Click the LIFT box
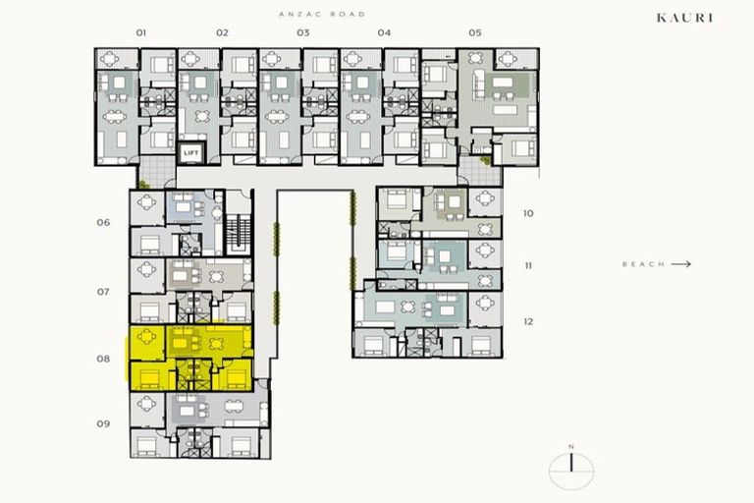coord(190,153)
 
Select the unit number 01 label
coord(141,32)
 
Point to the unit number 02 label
coord(223,32)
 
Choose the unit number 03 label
coord(303,32)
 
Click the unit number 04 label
coord(384,32)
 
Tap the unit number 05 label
coord(475,32)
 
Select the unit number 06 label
coord(103,222)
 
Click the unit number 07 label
coord(103,292)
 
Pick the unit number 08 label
coord(103,359)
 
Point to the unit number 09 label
coord(103,424)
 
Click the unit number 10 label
coord(528,213)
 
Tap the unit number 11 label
coord(528,265)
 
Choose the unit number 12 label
coord(528,321)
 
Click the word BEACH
coord(643,264)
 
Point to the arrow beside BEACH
coord(681,264)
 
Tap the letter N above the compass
coord(570,447)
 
